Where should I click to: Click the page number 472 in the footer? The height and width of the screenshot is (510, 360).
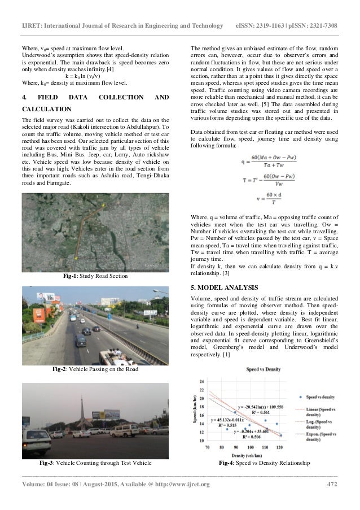pos(332,484)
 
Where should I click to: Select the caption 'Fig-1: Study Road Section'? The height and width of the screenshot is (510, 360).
pos(95,276)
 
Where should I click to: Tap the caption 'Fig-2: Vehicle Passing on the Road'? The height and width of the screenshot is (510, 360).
pos(95,370)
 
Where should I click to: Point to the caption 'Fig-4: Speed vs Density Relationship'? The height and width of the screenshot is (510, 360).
pos(264,464)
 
